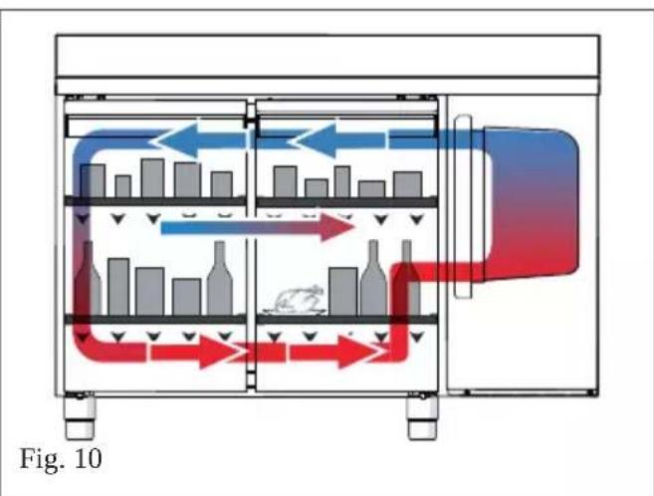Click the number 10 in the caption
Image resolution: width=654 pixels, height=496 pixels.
(x=89, y=458)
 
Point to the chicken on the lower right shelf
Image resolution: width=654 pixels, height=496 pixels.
(x=294, y=301)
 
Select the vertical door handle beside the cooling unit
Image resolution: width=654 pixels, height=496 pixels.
(x=463, y=206)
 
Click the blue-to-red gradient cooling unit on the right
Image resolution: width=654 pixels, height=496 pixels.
(x=531, y=203)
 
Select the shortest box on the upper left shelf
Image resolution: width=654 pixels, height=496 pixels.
(x=123, y=186)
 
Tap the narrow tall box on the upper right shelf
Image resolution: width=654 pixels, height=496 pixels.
(x=342, y=181)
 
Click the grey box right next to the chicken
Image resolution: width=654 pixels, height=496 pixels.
(x=343, y=291)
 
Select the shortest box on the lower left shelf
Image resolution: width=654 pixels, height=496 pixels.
(x=186, y=297)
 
